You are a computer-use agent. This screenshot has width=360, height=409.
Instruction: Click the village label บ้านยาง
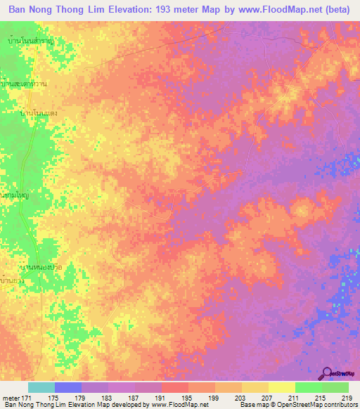pyautogui.click(x=13, y=281)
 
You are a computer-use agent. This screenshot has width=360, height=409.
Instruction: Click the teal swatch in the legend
pyautogui.click(x=41, y=387)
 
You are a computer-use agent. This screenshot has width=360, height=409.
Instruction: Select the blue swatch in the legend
pyautogui.click(x=67, y=387)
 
